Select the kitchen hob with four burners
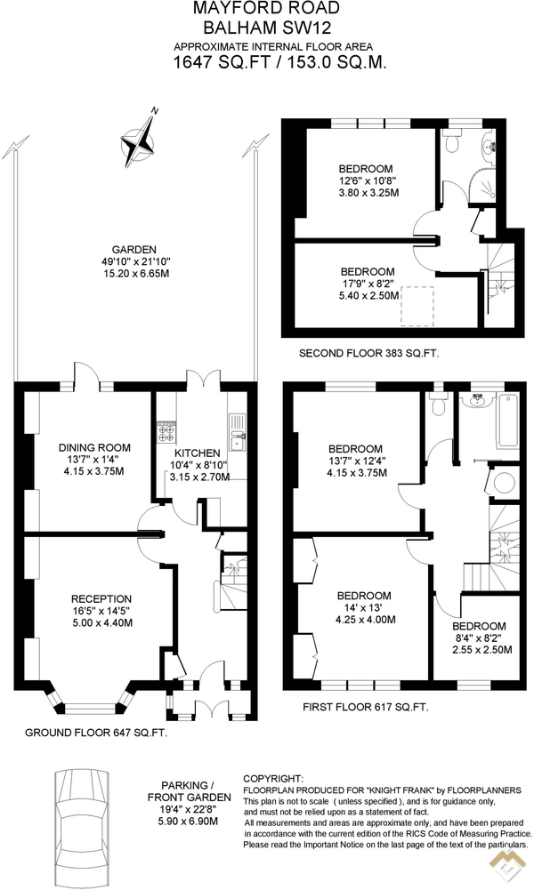coord(166,431)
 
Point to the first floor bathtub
coord(508,421)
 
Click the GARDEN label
coord(133,249)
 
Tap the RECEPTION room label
coord(101,599)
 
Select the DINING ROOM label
coord(94,448)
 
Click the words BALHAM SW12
coord(266,28)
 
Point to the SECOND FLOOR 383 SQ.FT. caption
coord(369,353)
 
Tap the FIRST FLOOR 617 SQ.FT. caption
coord(365,707)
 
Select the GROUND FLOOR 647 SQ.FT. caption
coord(96,733)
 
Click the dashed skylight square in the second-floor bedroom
coord(417,306)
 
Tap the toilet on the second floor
coord(453,141)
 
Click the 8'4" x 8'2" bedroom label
coord(482,638)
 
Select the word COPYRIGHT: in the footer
coord(273,779)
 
